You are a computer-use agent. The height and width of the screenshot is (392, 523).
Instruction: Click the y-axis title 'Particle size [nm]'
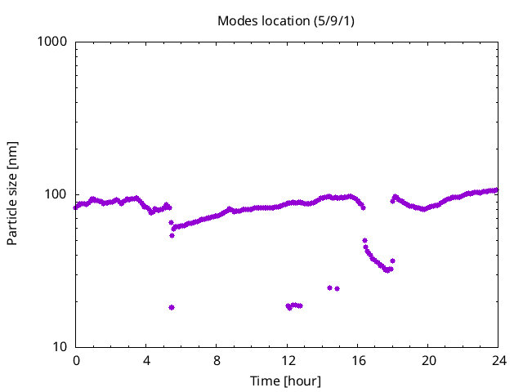[x=12, y=194]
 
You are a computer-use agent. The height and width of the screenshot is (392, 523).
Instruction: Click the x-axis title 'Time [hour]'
[x=286, y=381]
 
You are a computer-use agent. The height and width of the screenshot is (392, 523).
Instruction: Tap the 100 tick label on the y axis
[x=56, y=194]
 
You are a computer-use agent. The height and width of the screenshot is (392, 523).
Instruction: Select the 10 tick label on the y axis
[x=59, y=347]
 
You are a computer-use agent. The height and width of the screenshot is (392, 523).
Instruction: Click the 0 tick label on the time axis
[x=76, y=360]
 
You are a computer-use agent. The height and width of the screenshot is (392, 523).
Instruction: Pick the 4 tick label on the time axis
[x=146, y=360]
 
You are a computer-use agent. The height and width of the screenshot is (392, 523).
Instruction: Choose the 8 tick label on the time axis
[x=217, y=360]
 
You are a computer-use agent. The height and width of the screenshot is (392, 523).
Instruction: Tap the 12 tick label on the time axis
[x=287, y=360]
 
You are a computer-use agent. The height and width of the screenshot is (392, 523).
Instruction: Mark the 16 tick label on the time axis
[x=357, y=360]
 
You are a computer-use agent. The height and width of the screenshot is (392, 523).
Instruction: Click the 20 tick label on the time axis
[x=427, y=360]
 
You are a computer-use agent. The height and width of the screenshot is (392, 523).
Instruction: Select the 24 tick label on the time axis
[x=498, y=360]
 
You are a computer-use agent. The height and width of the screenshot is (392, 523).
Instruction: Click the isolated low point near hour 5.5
[x=172, y=307]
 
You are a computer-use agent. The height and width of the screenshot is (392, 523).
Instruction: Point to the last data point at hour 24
[x=496, y=190]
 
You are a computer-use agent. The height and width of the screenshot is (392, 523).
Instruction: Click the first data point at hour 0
[x=76, y=207]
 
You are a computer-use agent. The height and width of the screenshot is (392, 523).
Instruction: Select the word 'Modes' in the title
[x=235, y=20]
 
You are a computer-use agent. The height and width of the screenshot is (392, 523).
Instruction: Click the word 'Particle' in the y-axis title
[x=12, y=220]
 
